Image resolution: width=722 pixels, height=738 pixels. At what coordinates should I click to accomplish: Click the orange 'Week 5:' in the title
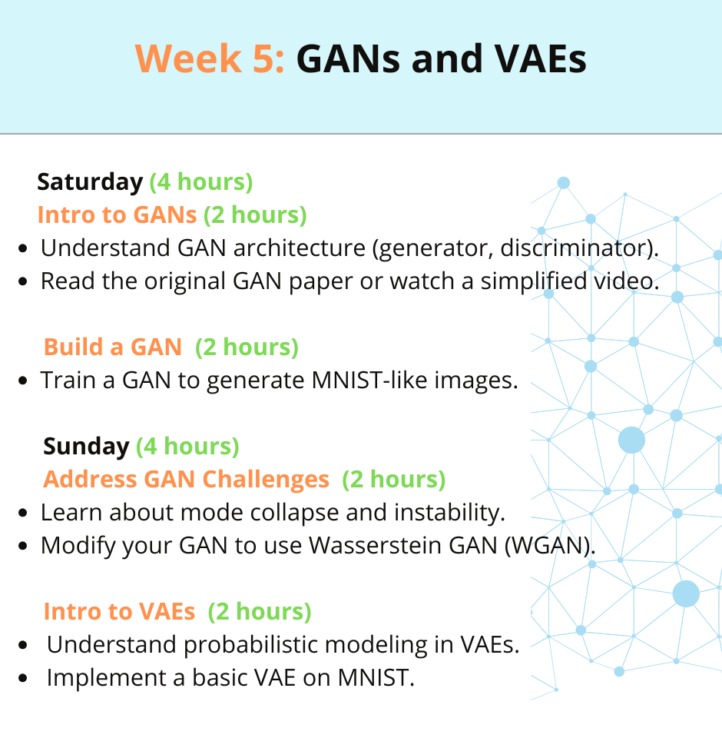coord(210,58)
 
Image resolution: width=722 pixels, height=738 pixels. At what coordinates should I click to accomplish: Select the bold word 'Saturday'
coord(90,182)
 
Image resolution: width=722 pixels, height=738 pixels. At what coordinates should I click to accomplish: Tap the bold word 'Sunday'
coord(86,446)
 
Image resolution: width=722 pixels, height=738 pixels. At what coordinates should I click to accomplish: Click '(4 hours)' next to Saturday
coord(200,182)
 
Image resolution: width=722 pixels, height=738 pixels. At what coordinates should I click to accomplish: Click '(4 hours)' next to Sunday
coord(187,446)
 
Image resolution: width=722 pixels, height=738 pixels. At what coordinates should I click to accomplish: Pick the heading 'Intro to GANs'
coord(117,214)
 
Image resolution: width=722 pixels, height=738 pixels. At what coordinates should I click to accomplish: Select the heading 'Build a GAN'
coord(112,347)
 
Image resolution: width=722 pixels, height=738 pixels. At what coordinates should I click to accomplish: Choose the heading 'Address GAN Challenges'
coord(186,479)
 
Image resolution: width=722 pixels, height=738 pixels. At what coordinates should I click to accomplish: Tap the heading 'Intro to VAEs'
coord(119,611)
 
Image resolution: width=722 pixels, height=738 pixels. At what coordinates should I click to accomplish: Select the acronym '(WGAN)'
coord(548,546)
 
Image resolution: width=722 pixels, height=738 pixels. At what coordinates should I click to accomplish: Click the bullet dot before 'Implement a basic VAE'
coord(22,678)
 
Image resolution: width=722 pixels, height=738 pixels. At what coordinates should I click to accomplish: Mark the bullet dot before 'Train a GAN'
coord(22,381)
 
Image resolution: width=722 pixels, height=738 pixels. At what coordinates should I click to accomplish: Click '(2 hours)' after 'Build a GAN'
coord(247,347)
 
